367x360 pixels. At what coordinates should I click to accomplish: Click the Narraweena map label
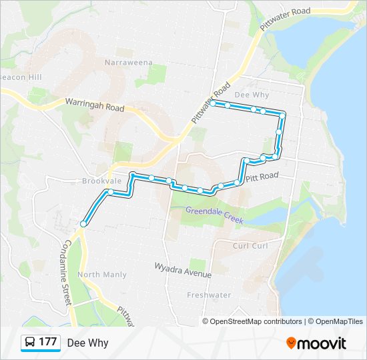click(x=128, y=63)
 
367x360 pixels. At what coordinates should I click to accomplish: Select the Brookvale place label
click(x=100, y=181)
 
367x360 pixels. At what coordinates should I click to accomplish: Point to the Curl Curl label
click(x=250, y=246)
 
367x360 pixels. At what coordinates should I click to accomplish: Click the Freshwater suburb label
click(x=209, y=295)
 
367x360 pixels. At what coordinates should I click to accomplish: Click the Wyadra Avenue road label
click(x=183, y=270)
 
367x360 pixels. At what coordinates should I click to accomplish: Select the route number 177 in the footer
click(x=48, y=343)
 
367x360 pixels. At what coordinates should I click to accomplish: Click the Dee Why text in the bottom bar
click(x=87, y=343)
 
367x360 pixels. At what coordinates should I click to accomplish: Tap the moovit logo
click(x=316, y=343)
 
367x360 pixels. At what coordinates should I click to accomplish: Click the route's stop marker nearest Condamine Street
click(x=83, y=224)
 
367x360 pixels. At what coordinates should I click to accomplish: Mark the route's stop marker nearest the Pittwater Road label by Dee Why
click(x=212, y=103)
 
